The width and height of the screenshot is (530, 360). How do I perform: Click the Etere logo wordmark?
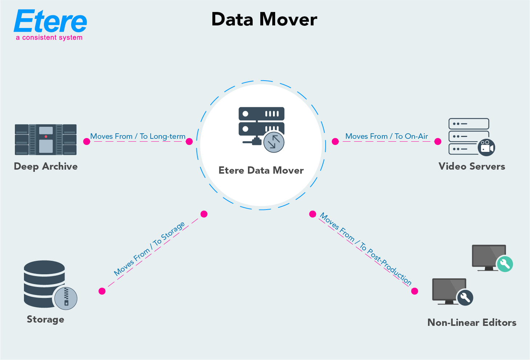[x=50, y=21]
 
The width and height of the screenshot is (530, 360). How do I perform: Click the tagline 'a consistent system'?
[x=49, y=38]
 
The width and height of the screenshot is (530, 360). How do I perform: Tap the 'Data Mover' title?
[x=264, y=19]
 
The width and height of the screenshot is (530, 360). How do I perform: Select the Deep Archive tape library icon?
[x=46, y=139]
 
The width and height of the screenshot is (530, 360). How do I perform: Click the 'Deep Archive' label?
[x=46, y=166]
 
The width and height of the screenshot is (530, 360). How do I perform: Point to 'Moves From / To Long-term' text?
[x=138, y=136]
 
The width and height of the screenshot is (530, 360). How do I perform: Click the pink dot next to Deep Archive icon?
[x=86, y=142]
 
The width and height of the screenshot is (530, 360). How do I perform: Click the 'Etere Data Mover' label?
[x=261, y=170]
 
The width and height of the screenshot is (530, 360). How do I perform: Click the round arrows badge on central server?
[x=274, y=142]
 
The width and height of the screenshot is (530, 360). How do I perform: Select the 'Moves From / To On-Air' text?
[x=387, y=136]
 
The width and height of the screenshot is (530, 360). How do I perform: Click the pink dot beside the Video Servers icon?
[x=438, y=142]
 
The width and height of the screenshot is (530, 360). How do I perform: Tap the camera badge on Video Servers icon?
[x=486, y=147]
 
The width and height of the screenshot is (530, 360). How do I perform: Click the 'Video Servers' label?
[x=472, y=166]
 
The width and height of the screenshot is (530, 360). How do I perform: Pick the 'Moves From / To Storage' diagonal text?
[x=149, y=249]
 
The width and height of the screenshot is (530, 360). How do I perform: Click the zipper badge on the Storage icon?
[x=66, y=298]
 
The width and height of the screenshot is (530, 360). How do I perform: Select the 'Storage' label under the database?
[x=45, y=319]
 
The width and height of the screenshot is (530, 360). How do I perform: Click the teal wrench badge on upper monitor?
[x=505, y=264]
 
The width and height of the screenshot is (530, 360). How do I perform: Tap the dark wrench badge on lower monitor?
[x=465, y=298]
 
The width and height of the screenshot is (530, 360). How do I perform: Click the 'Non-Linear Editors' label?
[x=472, y=323]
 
